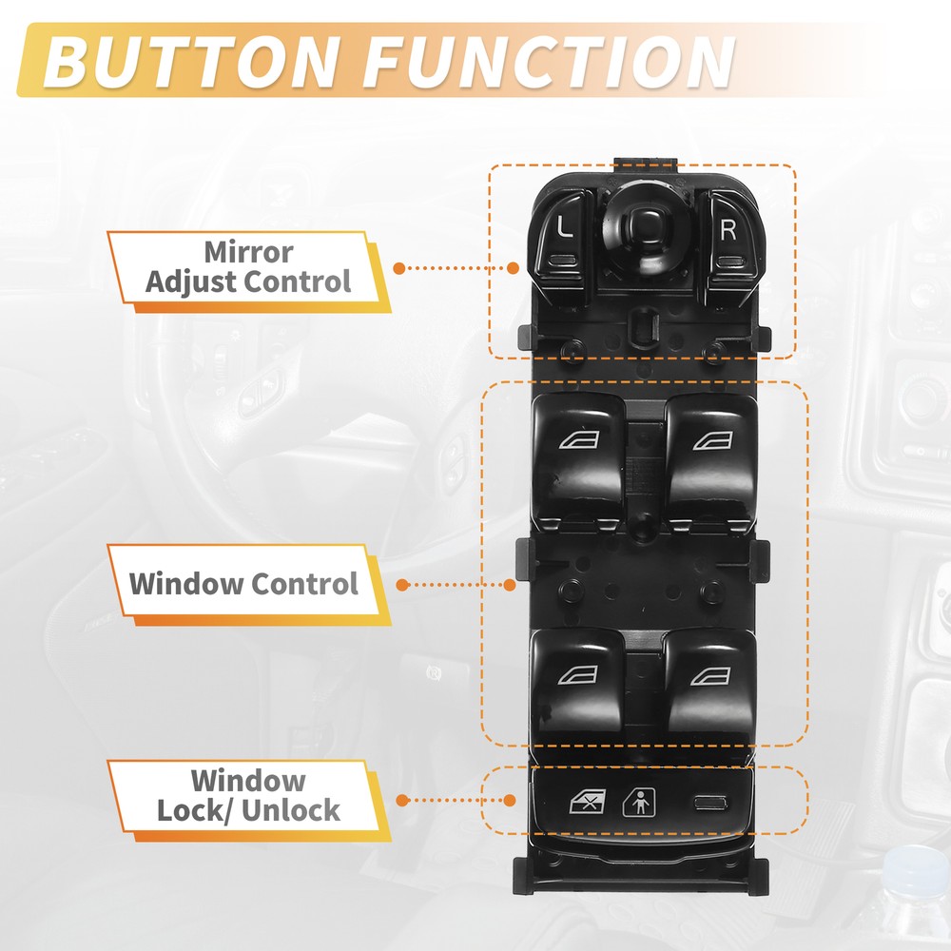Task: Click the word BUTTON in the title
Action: pyautogui.click(x=190, y=61)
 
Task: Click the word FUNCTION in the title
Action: pyautogui.click(x=549, y=61)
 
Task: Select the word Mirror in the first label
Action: pyautogui.click(x=248, y=252)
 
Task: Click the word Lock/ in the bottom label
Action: pyautogui.click(x=193, y=810)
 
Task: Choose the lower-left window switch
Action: pyautogui.click(x=577, y=686)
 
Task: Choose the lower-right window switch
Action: pyautogui.click(x=710, y=686)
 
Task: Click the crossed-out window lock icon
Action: pyautogui.click(x=588, y=802)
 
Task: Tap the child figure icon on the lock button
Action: pyautogui.click(x=639, y=802)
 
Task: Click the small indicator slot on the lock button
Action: pyautogui.click(x=711, y=804)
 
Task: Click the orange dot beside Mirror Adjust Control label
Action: pyautogui.click(x=399, y=267)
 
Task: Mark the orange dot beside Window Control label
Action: pyautogui.click(x=401, y=585)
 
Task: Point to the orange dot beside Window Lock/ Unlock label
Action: pyautogui.click(x=401, y=801)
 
